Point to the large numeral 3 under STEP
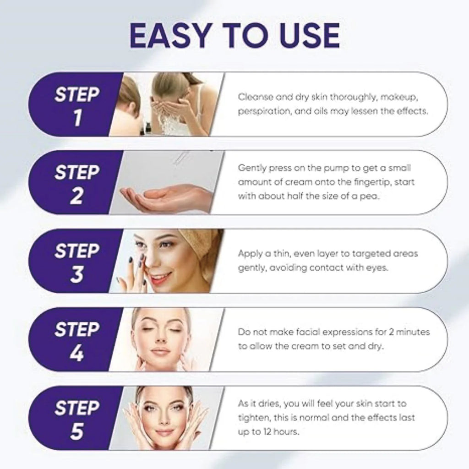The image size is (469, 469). (77, 274)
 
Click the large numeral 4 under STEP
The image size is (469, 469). (77, 353)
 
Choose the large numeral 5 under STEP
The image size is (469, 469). (77, 431)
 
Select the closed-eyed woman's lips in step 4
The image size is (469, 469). (160, 352)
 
